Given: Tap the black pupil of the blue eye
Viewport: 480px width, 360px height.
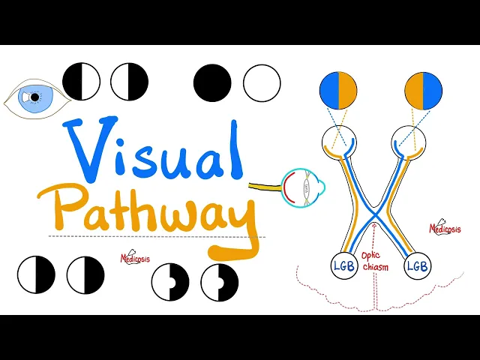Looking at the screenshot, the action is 34,97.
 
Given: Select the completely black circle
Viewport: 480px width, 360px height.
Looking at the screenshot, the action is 212,82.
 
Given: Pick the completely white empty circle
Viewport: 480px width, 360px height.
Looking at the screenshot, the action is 262,82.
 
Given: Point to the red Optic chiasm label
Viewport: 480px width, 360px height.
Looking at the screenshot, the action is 373,261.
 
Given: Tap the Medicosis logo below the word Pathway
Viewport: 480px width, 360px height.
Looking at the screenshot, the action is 135,258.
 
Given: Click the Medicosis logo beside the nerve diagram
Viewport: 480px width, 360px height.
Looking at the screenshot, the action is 444,228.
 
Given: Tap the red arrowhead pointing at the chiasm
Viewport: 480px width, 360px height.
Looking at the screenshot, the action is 373,225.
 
